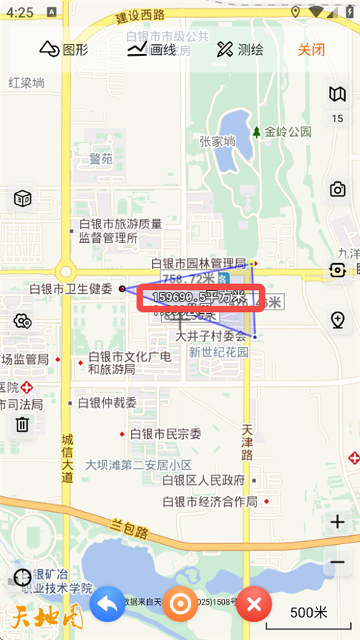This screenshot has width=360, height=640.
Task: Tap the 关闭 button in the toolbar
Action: pyautogui.click(x=310, y=49)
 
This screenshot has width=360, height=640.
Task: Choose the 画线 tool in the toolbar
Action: pyautogui.click(x=151, y=49)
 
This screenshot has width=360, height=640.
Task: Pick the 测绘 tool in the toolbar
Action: pyautogui.click(x=240, y=49)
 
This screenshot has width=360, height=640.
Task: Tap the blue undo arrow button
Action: pyautogui.click(x=107, y=604)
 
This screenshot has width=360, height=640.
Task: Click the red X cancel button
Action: pyautogui.click(x=253, y=604)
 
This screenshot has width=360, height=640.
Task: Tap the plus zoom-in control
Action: pyautogui.click(x=337, y=522)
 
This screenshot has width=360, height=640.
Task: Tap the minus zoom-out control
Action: pyautogui.click(x=337, y=562)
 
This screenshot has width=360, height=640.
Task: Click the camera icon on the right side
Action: pyautogui.click(x=338, y=189)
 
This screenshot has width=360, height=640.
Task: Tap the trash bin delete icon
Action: pyautogui.click(x=22, y=424)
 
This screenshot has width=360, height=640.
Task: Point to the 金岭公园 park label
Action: pyautogui.click(x=286, y=132)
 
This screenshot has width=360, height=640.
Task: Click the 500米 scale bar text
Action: pyautogui.click(x=309, y=612)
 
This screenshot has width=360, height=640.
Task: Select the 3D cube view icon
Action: pyautogui.click(x=22, y=199)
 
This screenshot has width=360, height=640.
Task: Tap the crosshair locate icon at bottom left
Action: pyautogui.click(x=22, y=578)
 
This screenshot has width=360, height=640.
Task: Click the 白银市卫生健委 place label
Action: pyautogui.click(x=70, y=289)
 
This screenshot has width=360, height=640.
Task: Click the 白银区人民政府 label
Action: pyautogui.click(x=203, y=480)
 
